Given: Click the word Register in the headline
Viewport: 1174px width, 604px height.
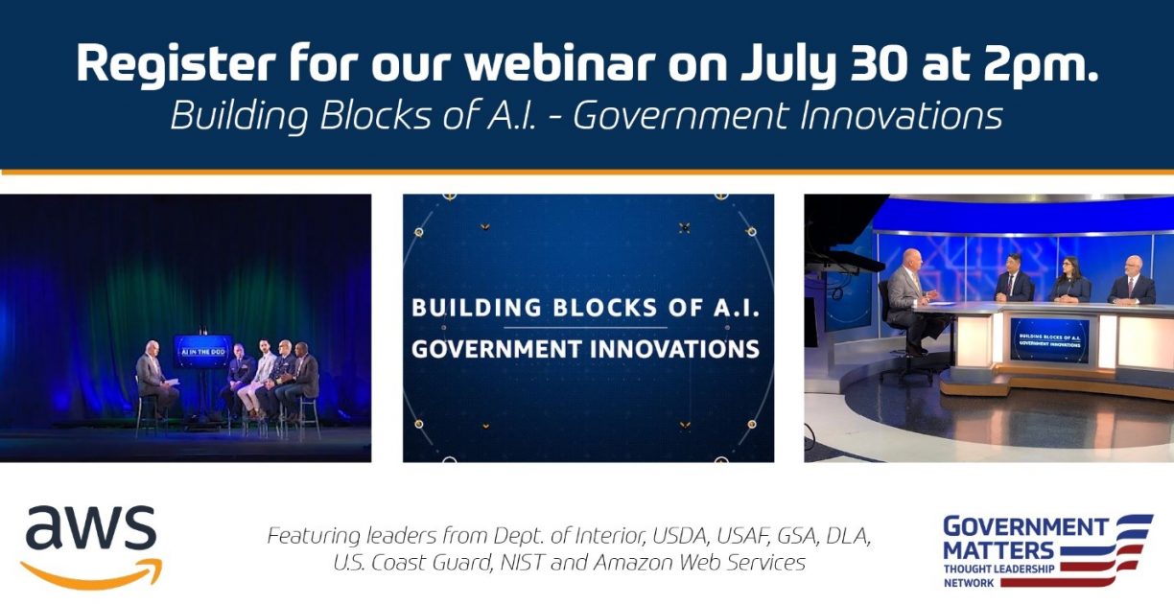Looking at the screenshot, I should (169, 63).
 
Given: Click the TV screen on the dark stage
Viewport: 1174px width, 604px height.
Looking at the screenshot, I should (202, 350).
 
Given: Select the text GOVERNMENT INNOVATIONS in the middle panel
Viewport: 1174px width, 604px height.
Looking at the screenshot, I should (585, 347).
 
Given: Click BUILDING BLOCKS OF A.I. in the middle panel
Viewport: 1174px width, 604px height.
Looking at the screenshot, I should (585, 309).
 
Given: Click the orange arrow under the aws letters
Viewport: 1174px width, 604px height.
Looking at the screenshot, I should (91, 571).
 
